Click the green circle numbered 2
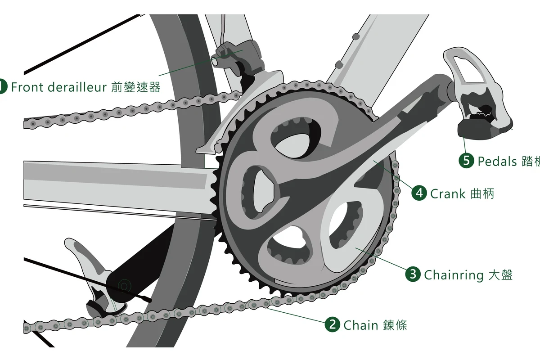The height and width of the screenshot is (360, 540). (x=333, y=324)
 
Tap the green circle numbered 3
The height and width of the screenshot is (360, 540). (x=413, y=274)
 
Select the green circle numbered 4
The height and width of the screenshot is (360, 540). (x=419, y=193)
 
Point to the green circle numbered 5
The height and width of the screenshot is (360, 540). (x=467, y=160)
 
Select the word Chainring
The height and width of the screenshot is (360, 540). (x=454, y=275)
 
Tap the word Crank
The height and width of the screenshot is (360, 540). (x=448, y=193)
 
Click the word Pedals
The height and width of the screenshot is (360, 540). (x=497, y=161)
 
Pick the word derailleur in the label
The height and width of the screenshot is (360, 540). (x=77, y=87)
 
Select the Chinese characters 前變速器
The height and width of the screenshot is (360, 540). (x=136, y=87)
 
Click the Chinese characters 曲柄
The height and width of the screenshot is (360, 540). (x=482, y=193)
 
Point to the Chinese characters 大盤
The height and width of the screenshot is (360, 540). (x=500, y=275)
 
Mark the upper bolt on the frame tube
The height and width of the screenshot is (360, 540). (x=356, y=36)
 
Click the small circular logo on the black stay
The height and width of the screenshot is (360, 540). (x=124, y=286)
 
